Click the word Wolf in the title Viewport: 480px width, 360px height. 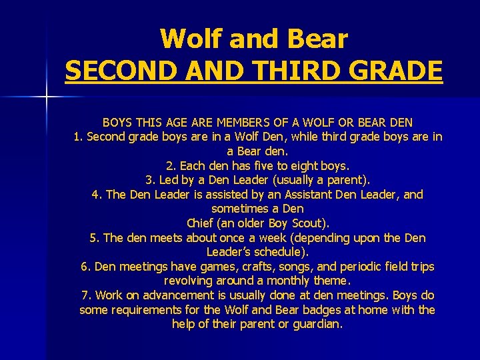pyautogui.click(x=189, y=39)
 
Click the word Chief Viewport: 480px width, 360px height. pyautogui.click(x=203, y=223)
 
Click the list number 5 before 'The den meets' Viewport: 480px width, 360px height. pyautogui.click(x=93, y=238)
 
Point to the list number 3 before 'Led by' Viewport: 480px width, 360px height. pyautogui.click(x=149, y=180)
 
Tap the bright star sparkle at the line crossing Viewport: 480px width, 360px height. pyautogui.click(x=46, y=97)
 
